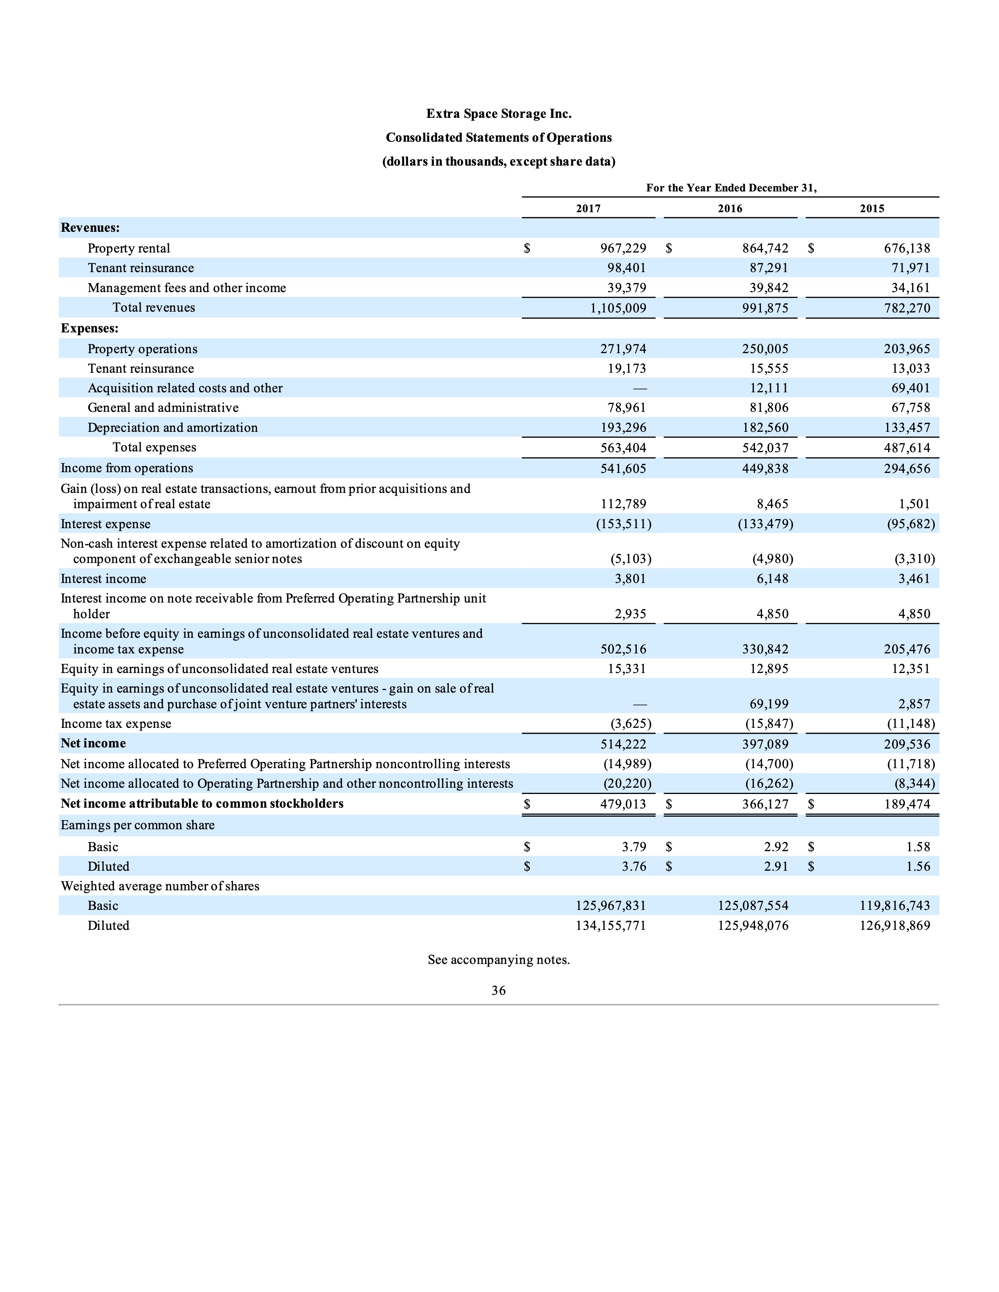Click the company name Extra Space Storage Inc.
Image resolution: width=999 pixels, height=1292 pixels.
498,114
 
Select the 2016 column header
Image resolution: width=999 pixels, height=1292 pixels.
730,208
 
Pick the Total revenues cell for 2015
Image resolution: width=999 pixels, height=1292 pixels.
907,308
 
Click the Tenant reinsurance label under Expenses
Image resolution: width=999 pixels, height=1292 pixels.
141,368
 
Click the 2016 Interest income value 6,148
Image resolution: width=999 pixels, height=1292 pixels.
772,579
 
